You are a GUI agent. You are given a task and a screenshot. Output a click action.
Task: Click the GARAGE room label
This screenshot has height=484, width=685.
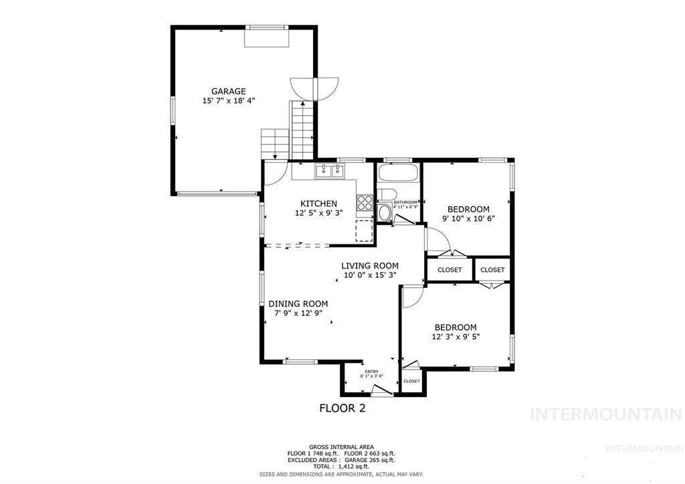coord(228,91)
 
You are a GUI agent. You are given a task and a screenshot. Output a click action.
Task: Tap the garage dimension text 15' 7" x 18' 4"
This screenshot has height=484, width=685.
coord(228,101)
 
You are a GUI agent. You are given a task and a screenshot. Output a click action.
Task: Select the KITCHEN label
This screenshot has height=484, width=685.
coord(318,204)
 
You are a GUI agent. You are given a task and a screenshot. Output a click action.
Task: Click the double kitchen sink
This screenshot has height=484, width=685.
coord(329,171)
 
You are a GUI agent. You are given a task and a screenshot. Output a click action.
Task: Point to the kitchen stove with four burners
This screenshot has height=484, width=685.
coord(365,202)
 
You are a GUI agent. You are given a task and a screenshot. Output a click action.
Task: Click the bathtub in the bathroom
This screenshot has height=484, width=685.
coord(398,173)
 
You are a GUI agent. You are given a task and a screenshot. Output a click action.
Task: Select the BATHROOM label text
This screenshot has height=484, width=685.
coord(405,202)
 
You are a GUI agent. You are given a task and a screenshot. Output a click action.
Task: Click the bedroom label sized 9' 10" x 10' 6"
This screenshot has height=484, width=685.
coord(468,209)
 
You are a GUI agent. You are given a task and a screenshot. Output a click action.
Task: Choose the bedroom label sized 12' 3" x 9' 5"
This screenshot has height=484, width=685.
coord(456,327)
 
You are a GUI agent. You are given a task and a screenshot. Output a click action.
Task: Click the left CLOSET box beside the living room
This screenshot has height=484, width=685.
coord(450,270)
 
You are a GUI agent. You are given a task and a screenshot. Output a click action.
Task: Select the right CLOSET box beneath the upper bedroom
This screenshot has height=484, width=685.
coord(492,270)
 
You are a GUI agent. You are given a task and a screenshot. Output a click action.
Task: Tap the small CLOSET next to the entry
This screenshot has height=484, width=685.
coord(411,381)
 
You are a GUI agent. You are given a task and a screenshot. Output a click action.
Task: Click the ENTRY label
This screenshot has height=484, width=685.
coord(371,372)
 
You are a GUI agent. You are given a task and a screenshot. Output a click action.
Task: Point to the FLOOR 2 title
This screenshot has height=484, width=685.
coord(342,408)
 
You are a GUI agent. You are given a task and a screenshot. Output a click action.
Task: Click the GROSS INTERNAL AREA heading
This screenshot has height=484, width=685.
coord(341,447)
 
